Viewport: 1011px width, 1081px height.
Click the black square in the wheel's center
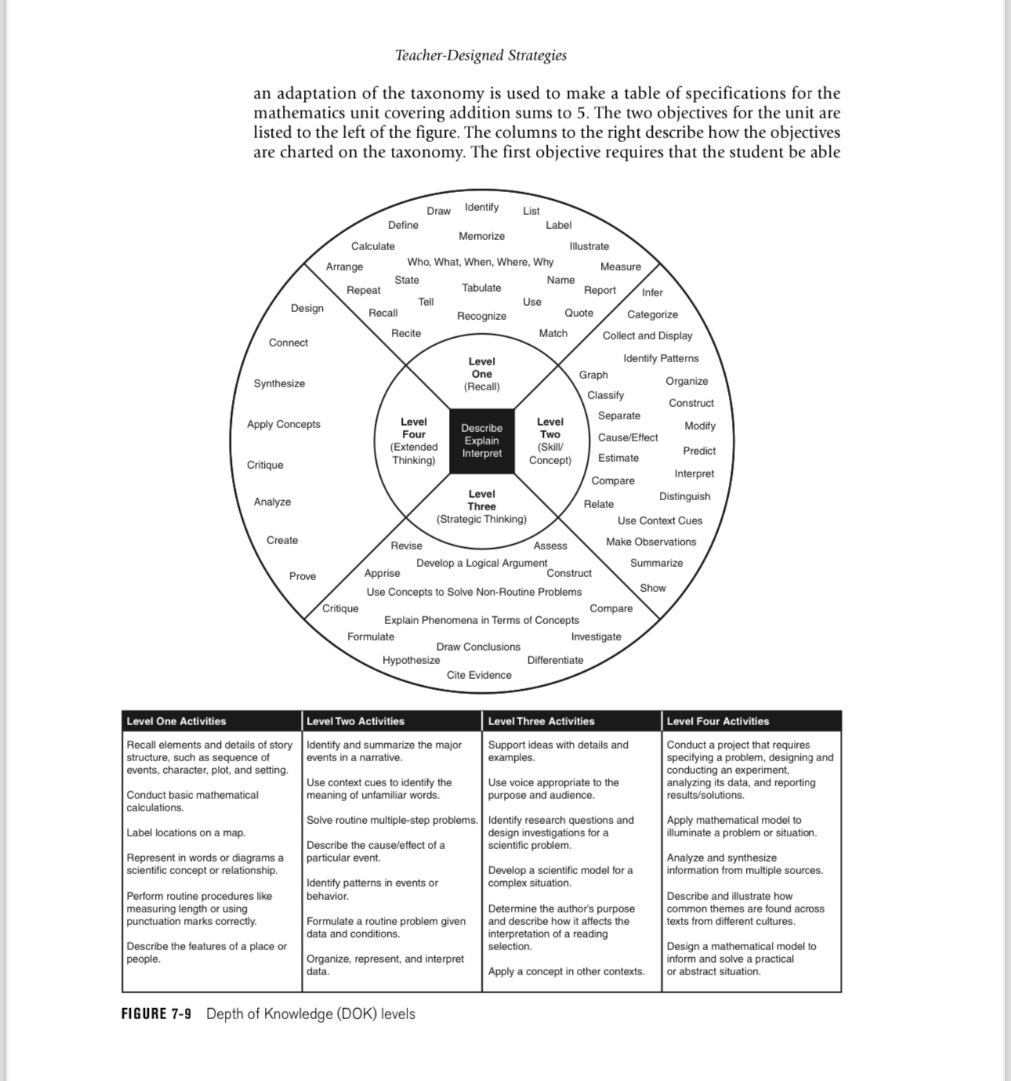pyautogui.click(x=481, y=441)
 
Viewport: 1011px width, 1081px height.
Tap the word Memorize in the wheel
pyautogui.click(x=481, y=236)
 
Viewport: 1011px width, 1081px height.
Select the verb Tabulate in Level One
pyautogui.click(x=481, y=288)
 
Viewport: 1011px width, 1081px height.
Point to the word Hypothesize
pyautogui.click(x=411, y=660)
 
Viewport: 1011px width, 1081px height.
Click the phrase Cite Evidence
pyautogui.click(x=479, y=675)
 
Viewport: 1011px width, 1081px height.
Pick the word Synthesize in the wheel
pyautogui.click(x=279, y=383)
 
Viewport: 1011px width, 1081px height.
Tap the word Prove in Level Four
pyautogui.click(x=303, y=576)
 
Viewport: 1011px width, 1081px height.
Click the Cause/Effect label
pyautogui.click(x=628, y=437)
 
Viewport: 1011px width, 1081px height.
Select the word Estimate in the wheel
pyautogui.click(x=618, y=458)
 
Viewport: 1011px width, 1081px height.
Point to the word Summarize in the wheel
pyautogui.click(x=656, y=563)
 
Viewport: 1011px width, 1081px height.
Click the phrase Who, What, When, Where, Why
pyautogui.click(x=480, y=262)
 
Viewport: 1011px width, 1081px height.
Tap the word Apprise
pyautogui.click(x=382, y=573)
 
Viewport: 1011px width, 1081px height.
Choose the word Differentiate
pyautogui.click(x=555, y=660)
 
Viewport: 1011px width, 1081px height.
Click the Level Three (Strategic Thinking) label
pyautogui.click(x=481, y=506)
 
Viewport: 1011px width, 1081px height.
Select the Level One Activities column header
pyautogui.click(x=176, y=721)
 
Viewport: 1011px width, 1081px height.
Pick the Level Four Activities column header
pyautogui.click(x=718, y=721)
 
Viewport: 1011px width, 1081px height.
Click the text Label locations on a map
pyautogui.click(x=186, y=833)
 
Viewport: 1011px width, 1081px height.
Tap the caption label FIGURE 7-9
pyautogui.click(x=156, y=1014)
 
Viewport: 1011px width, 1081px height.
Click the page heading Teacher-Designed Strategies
pyautogui.click(x=480, y=56)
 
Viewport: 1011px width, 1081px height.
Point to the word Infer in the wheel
pyautogui.click(x=652, y=292)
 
